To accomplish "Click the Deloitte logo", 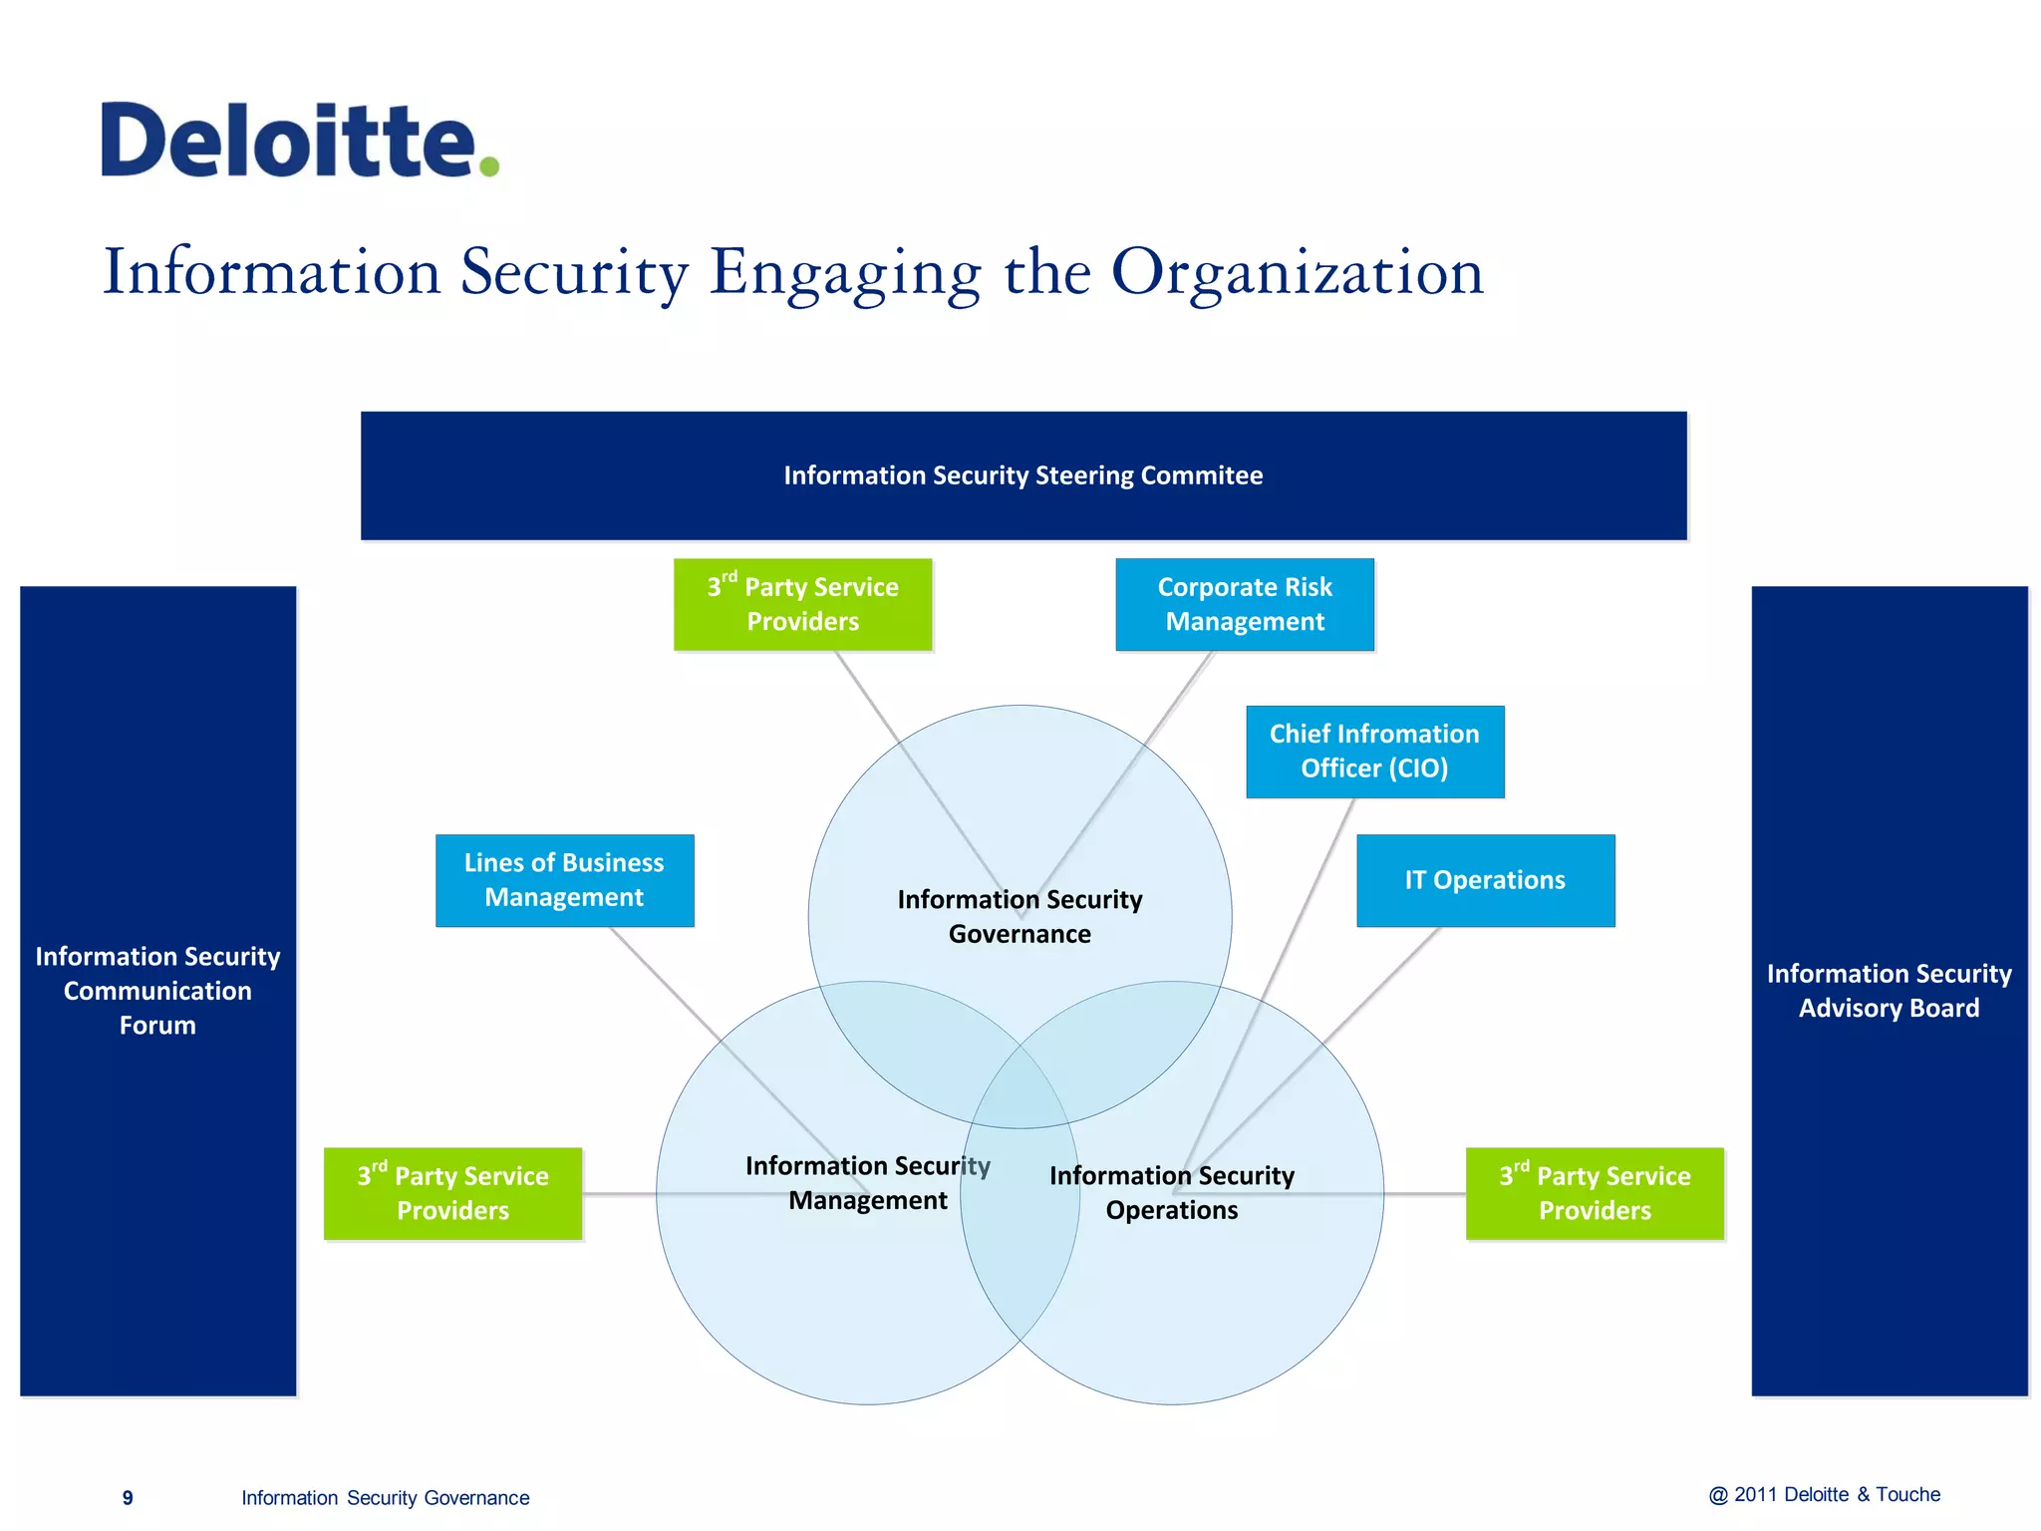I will (x=289, y=141).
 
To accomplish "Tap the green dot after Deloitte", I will (x=488, y=165).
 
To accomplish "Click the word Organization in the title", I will (x=1297, y=272).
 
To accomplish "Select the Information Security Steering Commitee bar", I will (x=1022, y=475).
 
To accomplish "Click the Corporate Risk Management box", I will (x=1244, y=604).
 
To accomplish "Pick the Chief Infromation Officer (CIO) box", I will (x=1374, y=752).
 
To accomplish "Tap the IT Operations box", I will (x=1485, y=880).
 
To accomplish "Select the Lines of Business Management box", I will (x=564, y=880).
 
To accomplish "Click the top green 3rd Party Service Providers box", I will (x=802, y=604).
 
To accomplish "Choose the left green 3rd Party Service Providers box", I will (x=452, y=1193).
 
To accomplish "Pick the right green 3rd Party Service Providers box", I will (x=1595, y=1193).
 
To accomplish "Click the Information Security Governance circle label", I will (x=1020, y=916).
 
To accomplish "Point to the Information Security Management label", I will (x=867, y=1183).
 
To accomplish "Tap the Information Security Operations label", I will (x=1172, y=1192).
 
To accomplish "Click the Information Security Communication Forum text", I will (x=157, y=991).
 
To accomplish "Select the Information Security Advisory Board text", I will (x=1889, y=991).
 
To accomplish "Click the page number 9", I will (x=128, y=1498).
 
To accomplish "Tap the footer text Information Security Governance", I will (x=385, y=1498).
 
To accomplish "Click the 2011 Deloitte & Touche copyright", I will (x=1825, y=1495).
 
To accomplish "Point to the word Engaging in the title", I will (x=845, y=272).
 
